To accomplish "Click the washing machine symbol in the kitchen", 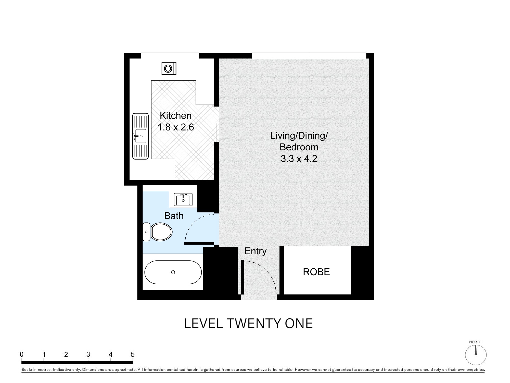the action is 169,68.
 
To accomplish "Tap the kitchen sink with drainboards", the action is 140,136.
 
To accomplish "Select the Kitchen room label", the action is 175,116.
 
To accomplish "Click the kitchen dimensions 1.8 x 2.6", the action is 176,127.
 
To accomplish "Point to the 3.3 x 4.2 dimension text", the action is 299,159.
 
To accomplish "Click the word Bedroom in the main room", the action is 299,147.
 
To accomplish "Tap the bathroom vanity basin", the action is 183,199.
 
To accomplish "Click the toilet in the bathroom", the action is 157,232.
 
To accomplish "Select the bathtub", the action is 173,272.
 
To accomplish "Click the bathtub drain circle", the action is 173,272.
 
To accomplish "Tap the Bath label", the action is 174,216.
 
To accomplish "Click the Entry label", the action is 256,251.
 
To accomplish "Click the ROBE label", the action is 316,272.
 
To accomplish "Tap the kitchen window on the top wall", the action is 170,55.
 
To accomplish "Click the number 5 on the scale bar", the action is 133,354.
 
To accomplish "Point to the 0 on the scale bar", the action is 22,354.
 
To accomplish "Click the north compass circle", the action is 476,355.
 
